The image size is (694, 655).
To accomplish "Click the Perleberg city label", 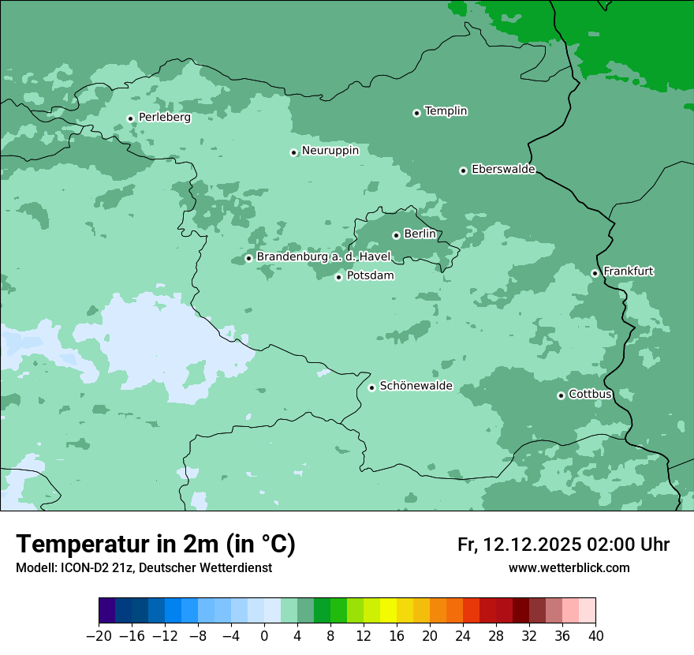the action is pos(164,118).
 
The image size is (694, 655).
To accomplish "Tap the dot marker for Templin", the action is pos(416,113).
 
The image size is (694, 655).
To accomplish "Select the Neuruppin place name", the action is pos(330,151).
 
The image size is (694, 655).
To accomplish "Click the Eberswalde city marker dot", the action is pos(463,170).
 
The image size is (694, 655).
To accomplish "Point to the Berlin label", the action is pos(420,234).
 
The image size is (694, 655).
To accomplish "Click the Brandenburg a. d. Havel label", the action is pos(323,257).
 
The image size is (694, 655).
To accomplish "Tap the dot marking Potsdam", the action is pos(338,277).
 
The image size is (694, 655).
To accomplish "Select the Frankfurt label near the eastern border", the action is pos(629,271).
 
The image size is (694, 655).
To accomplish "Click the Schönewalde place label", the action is pos(416,386).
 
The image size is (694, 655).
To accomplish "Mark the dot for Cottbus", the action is pos(561,395).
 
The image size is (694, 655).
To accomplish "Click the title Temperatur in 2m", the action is pos(155,545).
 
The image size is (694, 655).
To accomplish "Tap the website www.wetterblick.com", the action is pos(569,568).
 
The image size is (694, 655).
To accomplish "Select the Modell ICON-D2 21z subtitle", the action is pos(144,568).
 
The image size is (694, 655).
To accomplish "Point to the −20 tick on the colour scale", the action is pos(99,636).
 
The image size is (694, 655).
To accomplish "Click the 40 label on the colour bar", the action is pos(595,636).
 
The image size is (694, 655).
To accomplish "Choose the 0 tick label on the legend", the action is pos(264,636).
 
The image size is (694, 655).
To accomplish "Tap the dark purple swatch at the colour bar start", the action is pos(106,611).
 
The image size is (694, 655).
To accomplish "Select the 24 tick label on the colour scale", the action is pos(463,636).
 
